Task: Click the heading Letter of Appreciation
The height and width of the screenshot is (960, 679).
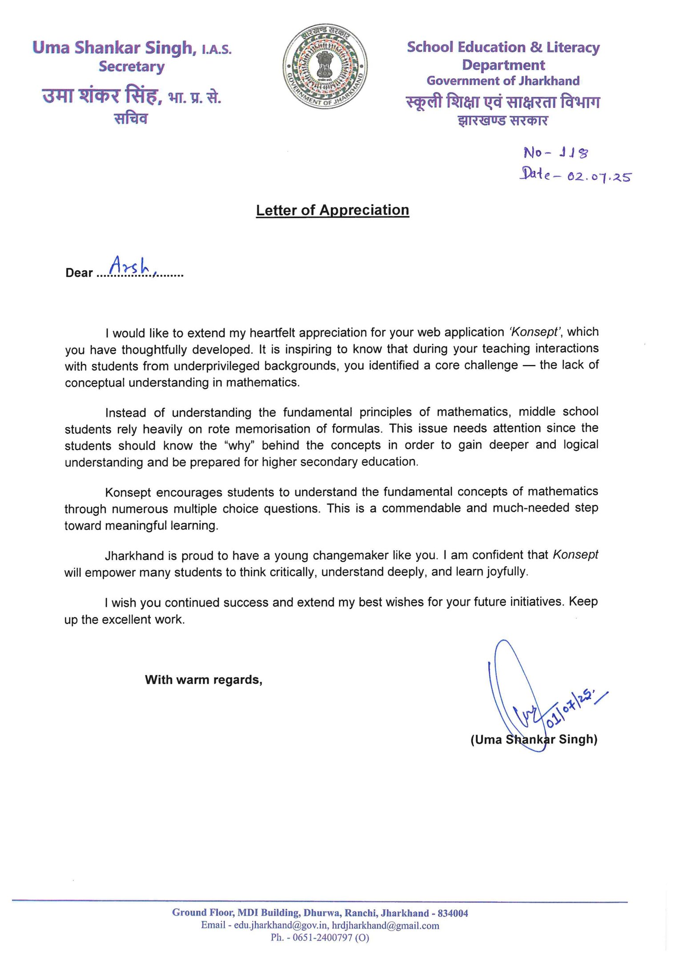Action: pos(332,210)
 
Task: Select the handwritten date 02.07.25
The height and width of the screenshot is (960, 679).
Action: pos(599,176)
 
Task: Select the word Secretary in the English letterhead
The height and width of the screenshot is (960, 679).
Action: pos(131,67)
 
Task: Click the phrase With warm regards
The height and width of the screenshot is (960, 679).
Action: pos(203,680)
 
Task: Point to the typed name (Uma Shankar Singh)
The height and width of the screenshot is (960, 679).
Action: pos(534,739)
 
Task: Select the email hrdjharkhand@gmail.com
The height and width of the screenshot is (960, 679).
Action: pos(386,925)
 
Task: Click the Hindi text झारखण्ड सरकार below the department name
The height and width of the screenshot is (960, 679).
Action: pos(503,120)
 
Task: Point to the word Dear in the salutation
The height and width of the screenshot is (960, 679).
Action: pos(79,272)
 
